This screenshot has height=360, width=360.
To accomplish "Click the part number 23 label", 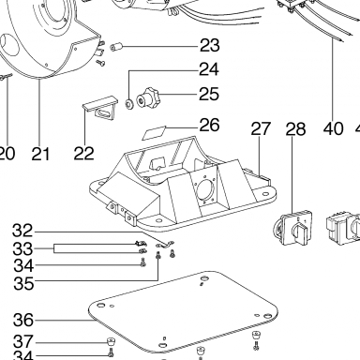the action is [x=210, y=46].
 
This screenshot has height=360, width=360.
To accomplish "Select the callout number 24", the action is [x=209, y=69].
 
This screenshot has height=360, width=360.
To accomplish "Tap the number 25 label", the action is [x=209, y=94].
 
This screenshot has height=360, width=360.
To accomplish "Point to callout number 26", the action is [x=209, y=125].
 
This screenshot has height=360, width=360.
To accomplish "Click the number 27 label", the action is [x=262, y=128].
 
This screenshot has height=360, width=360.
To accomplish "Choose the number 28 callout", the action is [x=295, y=128].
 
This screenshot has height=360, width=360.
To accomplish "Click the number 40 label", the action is [x=334, y=128].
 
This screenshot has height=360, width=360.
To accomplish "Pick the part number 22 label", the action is [x=83, y=154].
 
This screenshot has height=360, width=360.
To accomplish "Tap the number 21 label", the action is [x=40, y=154].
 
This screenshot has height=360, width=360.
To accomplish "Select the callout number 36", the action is [x=23, y=320].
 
